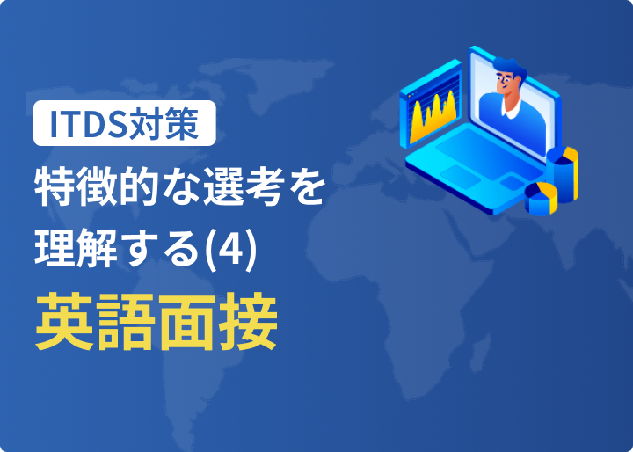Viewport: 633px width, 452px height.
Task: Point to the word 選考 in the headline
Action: click(242, 189)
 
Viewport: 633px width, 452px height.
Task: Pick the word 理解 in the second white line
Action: click(76, 247)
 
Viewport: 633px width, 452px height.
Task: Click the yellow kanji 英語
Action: click(96, 321)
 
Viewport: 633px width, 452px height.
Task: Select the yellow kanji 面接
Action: click(218, 321)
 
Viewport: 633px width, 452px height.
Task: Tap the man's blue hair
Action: click(510, 69)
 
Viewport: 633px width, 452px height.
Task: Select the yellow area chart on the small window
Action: click(433, 115)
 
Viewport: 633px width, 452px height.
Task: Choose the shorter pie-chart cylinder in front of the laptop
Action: click(541, 198)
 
